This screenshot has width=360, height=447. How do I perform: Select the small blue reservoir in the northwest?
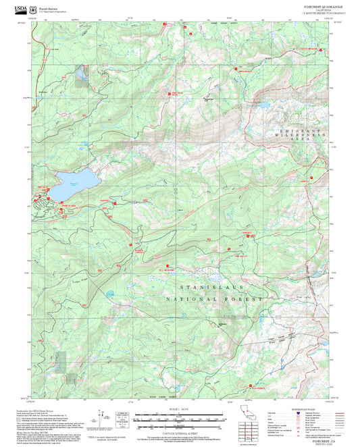(82, 72)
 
